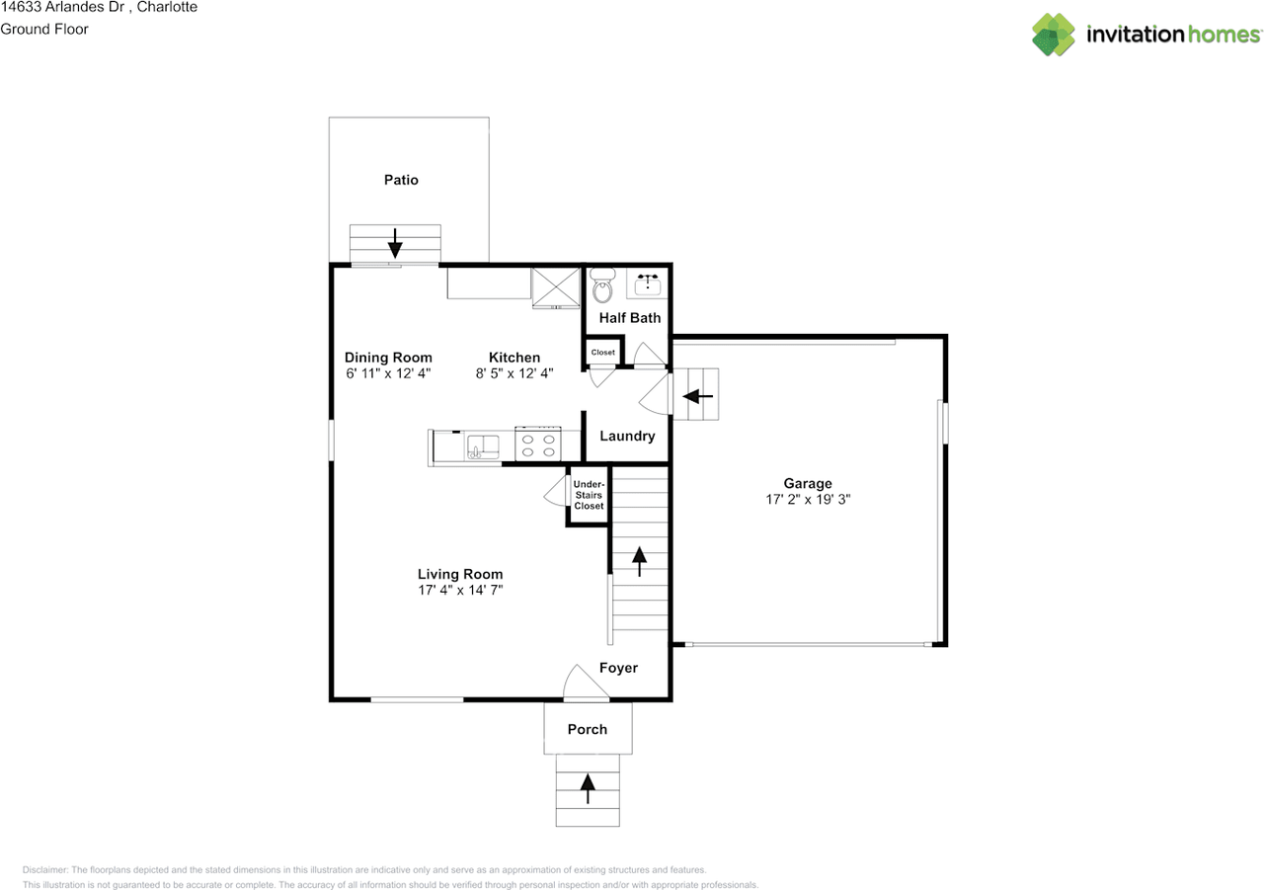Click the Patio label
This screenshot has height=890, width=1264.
tap(401, 180)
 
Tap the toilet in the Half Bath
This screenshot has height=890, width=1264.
tap(602, 285)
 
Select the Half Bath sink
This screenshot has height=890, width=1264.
tap(647, 283)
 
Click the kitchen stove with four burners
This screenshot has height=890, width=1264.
tap(538, 445)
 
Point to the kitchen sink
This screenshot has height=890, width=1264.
tap(483, 446)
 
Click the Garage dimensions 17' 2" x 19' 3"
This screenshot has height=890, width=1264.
tap(808, 500)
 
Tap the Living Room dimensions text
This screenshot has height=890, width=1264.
tap(460, 591)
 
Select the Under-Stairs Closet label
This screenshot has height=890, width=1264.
tap(589, 495)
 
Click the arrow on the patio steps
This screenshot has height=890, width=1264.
tap(395, 243)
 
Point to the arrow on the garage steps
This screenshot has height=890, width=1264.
tap(697, 396)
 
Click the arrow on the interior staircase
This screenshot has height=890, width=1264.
tap(639, 561)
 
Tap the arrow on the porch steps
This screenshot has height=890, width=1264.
tap(588, 788)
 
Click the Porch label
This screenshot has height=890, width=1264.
tap(588, 729)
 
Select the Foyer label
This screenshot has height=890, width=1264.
tap(618, 668)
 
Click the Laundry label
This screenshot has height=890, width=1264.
tap(627, 436)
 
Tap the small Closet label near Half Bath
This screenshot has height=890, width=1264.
tap(602, 353)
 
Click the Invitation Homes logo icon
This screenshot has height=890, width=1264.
tap(1054, 35)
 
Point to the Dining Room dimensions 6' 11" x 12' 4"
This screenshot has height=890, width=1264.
tap(388, 373)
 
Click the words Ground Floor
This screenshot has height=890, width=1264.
tap(44, 30)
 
